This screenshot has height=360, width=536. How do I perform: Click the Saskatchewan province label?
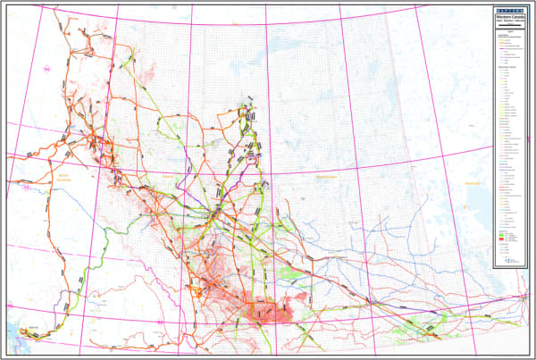tap(328, 178)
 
